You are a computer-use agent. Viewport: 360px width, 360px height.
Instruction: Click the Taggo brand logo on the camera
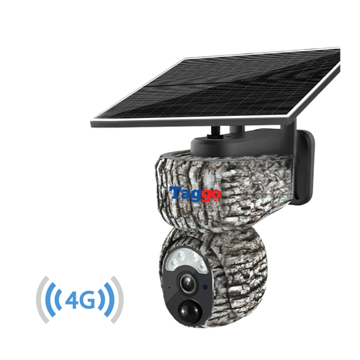(x=196, y=194)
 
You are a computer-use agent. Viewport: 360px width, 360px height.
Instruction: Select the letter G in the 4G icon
(x=89, y=297)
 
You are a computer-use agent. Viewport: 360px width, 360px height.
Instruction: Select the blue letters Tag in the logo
(x=185, y=194)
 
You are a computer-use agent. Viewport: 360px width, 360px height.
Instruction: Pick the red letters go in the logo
(x=212, y=195)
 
